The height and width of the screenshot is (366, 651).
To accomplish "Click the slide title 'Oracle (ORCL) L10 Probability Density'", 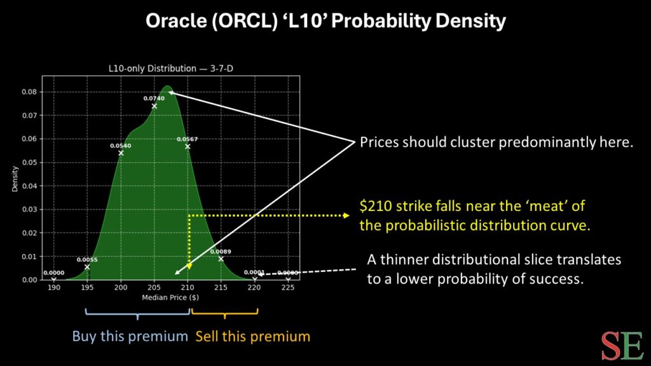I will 325,22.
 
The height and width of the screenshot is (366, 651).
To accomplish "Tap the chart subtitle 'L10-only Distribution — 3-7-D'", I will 171,69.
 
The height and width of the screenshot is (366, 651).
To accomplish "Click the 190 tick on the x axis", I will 54,287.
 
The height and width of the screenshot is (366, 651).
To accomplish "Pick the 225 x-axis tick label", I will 288,287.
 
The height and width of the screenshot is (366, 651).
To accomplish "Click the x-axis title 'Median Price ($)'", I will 171,297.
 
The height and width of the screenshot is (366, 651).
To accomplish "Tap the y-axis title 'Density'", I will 15,179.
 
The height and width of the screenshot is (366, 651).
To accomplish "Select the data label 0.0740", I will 154,98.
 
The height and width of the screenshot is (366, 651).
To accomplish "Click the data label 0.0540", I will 121,146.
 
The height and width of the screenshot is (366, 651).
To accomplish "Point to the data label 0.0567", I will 187,139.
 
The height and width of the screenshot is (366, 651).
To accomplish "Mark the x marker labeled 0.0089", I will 221,259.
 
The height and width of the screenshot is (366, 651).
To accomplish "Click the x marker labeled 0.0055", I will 87,267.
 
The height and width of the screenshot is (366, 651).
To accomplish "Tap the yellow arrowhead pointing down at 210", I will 189,264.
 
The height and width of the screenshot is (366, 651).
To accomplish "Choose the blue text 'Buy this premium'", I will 130,336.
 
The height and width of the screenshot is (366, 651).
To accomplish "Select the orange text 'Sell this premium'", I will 252,336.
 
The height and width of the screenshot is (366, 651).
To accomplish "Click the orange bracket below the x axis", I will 224,313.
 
